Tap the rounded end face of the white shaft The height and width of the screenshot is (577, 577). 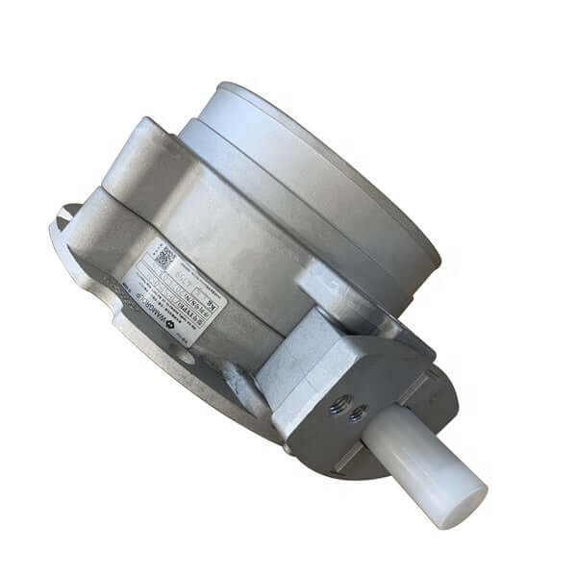(466, 506)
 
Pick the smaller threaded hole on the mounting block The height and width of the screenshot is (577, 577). (358, 415)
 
